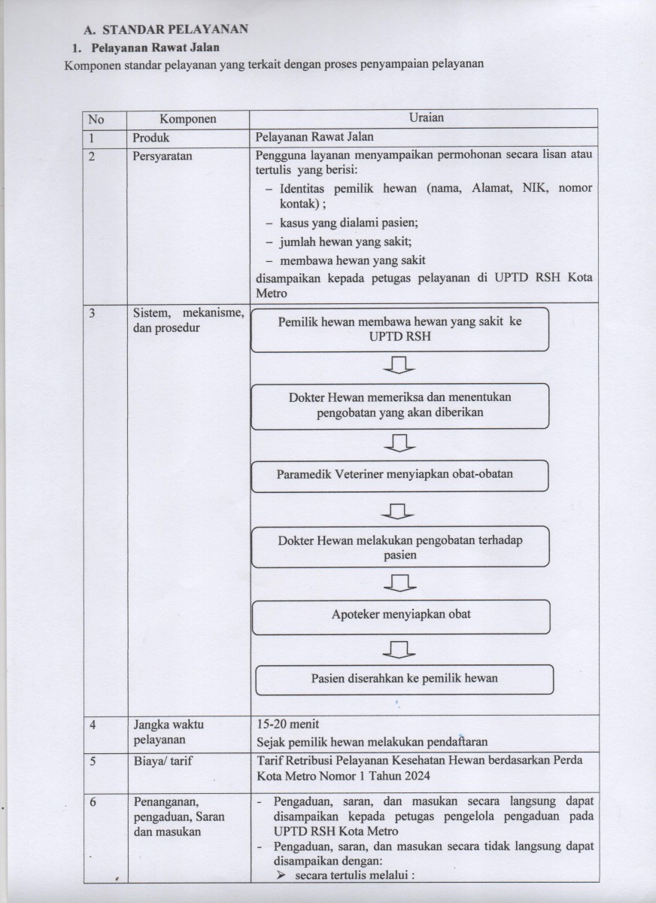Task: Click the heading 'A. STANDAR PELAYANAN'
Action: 166,31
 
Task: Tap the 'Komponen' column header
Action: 188,119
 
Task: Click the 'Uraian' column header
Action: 427,118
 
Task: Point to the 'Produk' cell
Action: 152,138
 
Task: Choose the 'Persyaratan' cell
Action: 162,157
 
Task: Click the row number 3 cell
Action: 92,315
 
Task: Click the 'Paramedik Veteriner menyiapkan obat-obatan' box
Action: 399,475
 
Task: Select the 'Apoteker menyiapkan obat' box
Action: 401,614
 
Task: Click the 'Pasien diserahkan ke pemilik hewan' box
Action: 405,678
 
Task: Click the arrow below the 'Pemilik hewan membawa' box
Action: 399,366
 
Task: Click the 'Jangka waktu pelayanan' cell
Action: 169,732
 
